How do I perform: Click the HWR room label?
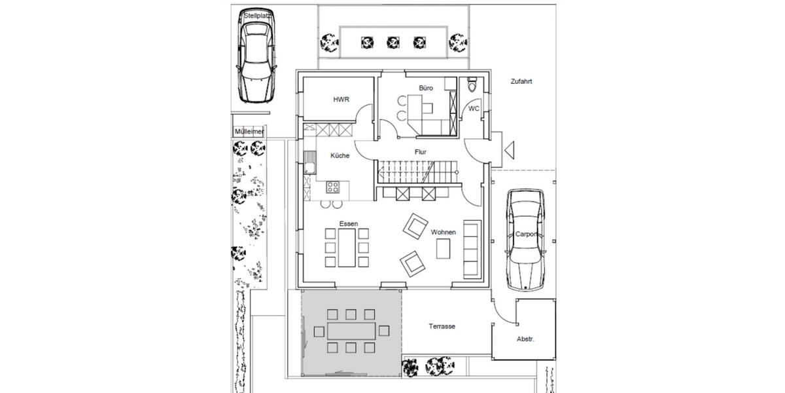click(x=341, y=100)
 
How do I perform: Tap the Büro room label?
click(x=426, y=88)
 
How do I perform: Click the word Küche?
click(x=340, y=156)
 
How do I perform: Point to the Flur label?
click(x=421, y=152)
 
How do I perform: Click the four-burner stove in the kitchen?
click(x=333, y=187)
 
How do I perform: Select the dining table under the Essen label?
click(x=345, y=248)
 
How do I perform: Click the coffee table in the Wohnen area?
click(x=443, y=248)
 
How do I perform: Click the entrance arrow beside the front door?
click(x=508, y=151)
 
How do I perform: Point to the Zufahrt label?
click(x=521, y=83)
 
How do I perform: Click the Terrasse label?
click(x=442, y=326)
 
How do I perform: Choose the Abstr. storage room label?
click(x=525, y=339)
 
